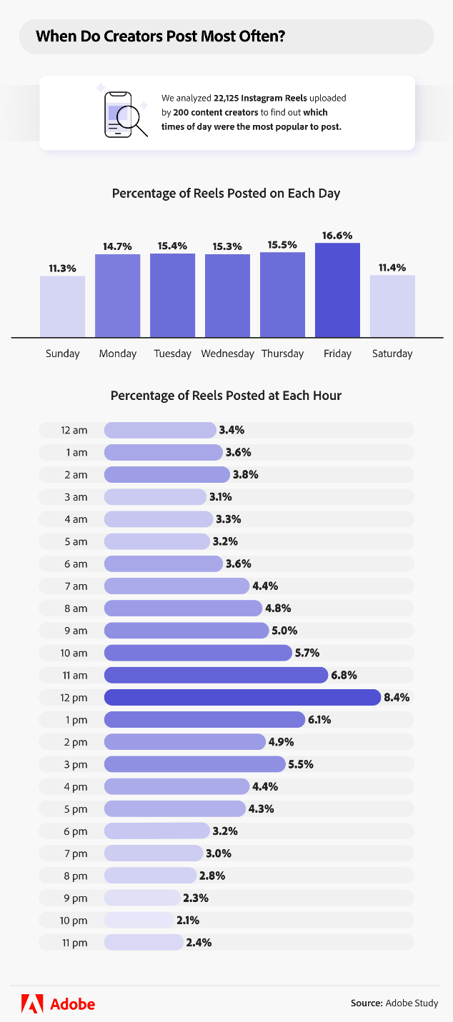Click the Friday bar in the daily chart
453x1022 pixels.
tap(337, 290)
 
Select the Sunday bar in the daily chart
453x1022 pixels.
tap(62, 306)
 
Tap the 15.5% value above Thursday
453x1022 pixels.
tap(282, 245)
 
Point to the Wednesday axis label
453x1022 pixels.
tap(227, 354)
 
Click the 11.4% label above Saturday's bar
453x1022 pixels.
tap(392, 268)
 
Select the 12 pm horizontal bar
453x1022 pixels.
tap(242, 697)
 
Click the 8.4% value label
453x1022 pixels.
tap(397, 697)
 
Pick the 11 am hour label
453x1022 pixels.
tap(74, 675)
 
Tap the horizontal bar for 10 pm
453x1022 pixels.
tap(139, 920)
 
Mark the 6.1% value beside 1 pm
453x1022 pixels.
tap(320, 719)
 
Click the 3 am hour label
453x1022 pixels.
tap(74, 497)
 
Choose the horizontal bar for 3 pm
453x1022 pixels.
tap(194, 764)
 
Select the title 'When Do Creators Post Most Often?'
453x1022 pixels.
tap(161, 36)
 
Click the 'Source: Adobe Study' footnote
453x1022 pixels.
tap(394, 1003)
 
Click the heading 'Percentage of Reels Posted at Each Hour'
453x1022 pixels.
tap(226, 395)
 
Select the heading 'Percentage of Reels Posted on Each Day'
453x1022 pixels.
tap(226, 194)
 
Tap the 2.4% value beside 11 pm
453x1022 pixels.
tap(199, 942)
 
